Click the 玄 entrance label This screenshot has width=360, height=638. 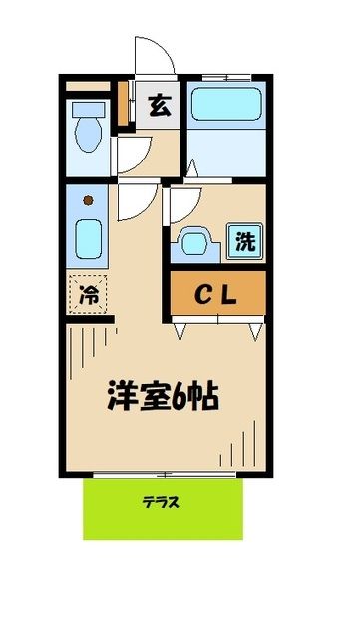tap(160, 104)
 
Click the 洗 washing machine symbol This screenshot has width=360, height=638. tap(245, 241)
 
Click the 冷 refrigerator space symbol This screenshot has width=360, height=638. tap(90, 294)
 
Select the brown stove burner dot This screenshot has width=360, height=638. tap(88, 200)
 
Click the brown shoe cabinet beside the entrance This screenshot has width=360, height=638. tap(124, 104)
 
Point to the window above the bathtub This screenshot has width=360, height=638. tap(226, 77)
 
